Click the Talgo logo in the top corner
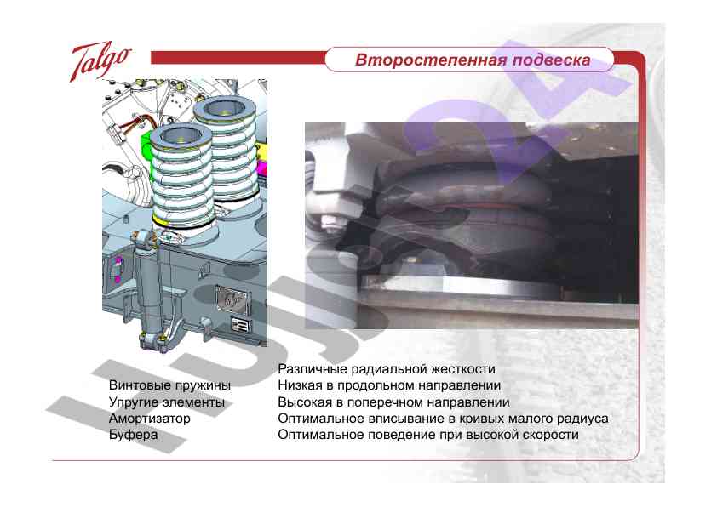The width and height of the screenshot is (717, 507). (100, 60)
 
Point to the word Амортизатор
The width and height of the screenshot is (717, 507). (149, 419)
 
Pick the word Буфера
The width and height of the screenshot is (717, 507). (133, 436)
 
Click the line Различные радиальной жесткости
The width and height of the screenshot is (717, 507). (387, 370)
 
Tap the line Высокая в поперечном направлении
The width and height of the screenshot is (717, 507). (393, 402)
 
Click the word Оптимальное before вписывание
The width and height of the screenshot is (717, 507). (318, 419)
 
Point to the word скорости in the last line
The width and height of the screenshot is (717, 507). (550, 435)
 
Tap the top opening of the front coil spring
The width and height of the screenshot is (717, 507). (182, 134)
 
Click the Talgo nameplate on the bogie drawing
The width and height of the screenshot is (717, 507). (231, 299)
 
